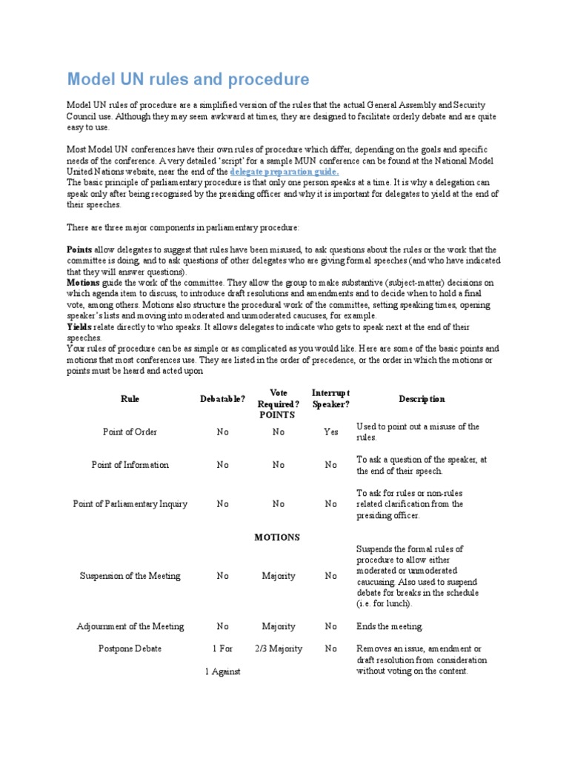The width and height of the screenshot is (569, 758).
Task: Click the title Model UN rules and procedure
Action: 188,79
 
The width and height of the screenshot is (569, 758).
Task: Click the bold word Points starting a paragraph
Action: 79,249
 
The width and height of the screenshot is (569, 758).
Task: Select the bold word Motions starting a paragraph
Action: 83,283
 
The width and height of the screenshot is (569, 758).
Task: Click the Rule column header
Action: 130,399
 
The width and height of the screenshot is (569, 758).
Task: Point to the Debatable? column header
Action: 223,399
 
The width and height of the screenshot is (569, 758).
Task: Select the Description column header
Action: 422,399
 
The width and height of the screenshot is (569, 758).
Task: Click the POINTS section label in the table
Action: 278,415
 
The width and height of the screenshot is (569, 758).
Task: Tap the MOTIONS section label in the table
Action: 278,537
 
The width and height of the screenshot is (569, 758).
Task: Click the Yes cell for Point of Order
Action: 330,432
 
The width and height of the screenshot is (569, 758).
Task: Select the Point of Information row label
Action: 130,465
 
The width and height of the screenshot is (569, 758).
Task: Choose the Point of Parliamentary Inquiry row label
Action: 130,504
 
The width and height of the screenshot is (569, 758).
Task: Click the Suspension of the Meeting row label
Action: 130,576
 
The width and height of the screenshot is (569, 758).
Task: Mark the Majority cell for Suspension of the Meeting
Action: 278,576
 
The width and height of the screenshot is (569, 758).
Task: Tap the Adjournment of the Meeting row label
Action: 130,626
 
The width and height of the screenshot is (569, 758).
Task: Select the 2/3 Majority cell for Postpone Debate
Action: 278,648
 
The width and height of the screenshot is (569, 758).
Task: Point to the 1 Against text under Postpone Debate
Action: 223,671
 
